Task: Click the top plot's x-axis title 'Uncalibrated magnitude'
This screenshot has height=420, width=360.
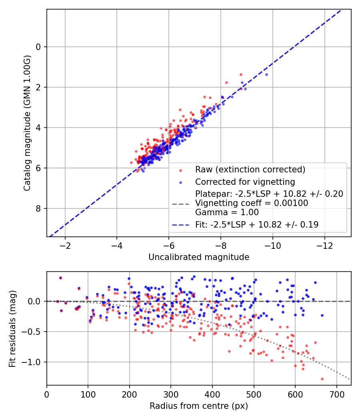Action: pyautogui.click(x=199, y=257)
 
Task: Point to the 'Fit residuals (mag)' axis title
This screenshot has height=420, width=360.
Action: pyautogui.click(x=12, y=329)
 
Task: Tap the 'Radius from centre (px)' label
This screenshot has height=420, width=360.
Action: pyautogui.click(x=199, y=406)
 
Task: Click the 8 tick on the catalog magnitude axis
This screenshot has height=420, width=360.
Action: pyautogui.click(x=38, y=208)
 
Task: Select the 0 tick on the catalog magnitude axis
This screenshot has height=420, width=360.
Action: pyautogui.click(x=38, y=47)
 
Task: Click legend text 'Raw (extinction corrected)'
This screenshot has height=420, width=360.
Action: pyautogui.click(x=250, y=169)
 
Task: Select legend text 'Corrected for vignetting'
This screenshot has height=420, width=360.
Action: pyautogui.click(x=245, y=182)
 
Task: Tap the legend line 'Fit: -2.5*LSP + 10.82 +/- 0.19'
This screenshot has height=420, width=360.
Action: pyautogui.click(x=257, y=225)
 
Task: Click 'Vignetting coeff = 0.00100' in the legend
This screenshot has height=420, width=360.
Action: pyautogui.click(x=252, y=203)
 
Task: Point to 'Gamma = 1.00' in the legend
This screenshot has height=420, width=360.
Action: pyautogui.click(x=227, y=212)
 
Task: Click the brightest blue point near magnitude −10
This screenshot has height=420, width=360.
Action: pyautogui.click(x=266, y=74)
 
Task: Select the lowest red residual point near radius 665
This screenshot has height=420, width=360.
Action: pyautogui.click(x=322, y=379)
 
